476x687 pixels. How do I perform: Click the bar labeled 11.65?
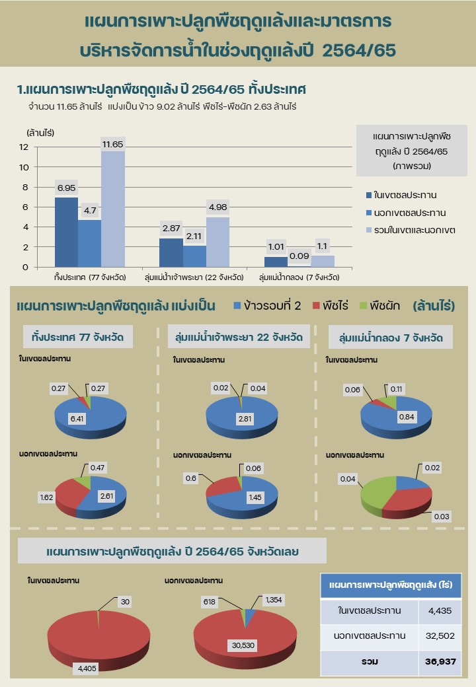112,208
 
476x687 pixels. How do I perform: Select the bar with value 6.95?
66,231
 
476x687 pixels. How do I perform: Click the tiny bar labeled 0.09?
299,266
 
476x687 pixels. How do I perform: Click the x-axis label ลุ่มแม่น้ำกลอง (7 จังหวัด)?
299,277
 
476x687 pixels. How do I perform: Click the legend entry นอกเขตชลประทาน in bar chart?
409,213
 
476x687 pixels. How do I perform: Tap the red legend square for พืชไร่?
316,306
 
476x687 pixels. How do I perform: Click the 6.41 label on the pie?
78,418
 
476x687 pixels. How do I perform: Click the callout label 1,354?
273,599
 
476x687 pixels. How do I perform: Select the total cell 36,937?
440,661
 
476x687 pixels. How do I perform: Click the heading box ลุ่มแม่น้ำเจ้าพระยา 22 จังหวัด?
239,337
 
